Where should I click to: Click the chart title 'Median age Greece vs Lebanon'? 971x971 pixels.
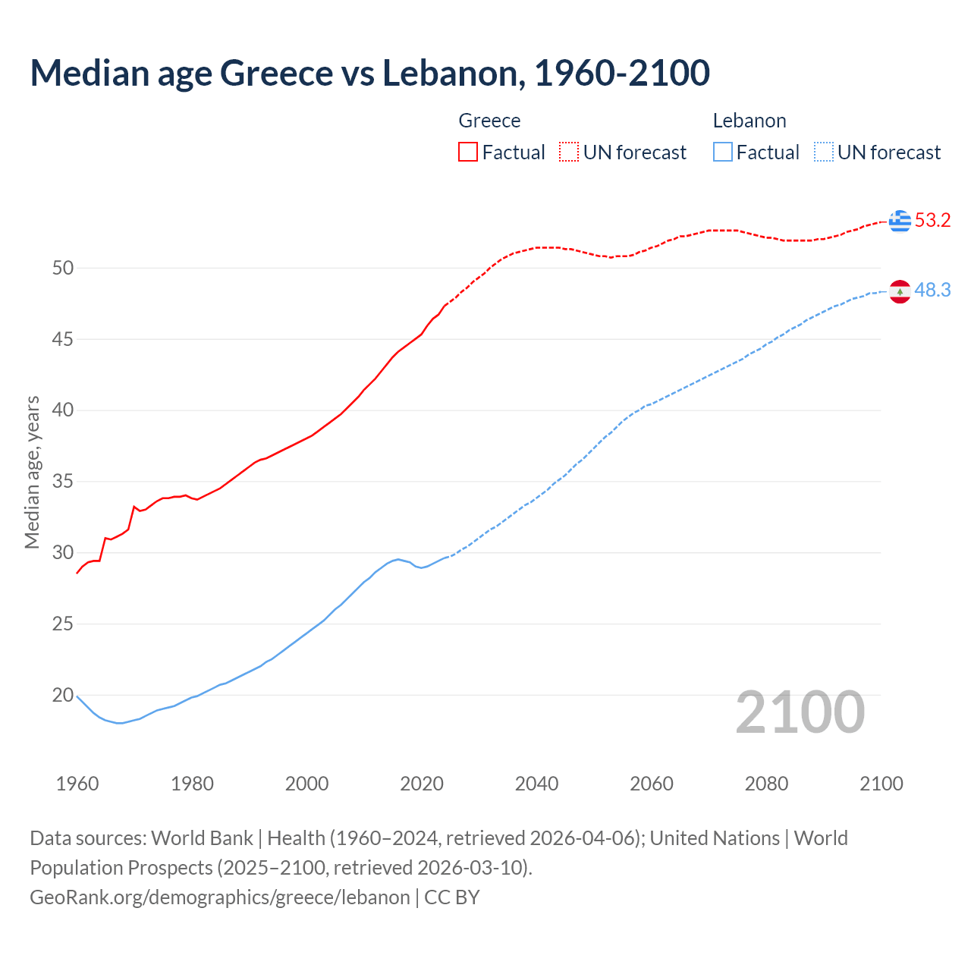tap(369, 73)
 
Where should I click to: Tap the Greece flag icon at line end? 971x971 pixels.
tap(900, 221)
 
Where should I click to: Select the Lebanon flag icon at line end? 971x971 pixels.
tap(900, 291)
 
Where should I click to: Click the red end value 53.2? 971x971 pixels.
tap(932, 221)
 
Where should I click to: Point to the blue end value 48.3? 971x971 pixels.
tap(932, 291)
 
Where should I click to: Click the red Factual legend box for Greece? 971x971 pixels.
tap(468, 152)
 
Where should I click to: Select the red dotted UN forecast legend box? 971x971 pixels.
tap(569, 152)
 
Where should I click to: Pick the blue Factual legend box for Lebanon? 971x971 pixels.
tap(723, 152)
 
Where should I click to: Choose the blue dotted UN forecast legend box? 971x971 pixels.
tap(823, 152)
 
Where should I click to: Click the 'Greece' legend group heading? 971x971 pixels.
tap(489, 121)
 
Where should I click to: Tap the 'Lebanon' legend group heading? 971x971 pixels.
tap(749, 121)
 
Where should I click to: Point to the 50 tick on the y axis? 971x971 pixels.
tap(63, 268)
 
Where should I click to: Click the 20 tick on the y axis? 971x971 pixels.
tap(63, 695)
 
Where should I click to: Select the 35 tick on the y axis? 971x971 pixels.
tap(63, 482)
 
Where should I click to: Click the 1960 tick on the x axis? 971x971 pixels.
tap(77, 784)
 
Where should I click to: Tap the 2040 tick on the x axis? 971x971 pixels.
tap(536, 784)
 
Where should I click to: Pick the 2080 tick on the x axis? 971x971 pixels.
tap(766, 784)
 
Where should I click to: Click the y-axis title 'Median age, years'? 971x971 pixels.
tap(32, 472)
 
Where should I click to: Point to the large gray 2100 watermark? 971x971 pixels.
tap(800, 712)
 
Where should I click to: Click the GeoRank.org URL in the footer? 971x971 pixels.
tap(219, 897)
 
